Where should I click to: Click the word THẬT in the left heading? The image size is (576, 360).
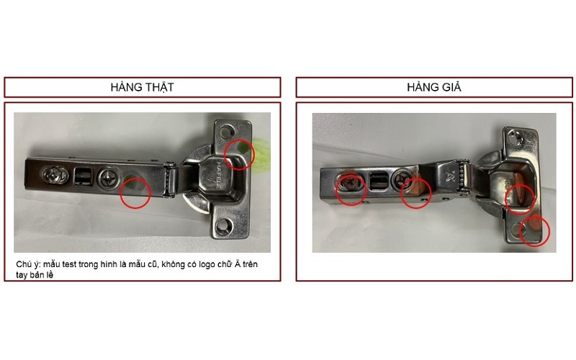[158, 87]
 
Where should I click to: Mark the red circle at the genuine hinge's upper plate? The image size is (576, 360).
[240, 153]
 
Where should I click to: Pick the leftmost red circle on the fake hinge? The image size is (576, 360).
[351, 188]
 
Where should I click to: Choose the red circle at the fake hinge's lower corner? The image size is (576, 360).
[534, 229]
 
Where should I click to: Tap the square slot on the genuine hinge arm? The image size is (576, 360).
[83, 174]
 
